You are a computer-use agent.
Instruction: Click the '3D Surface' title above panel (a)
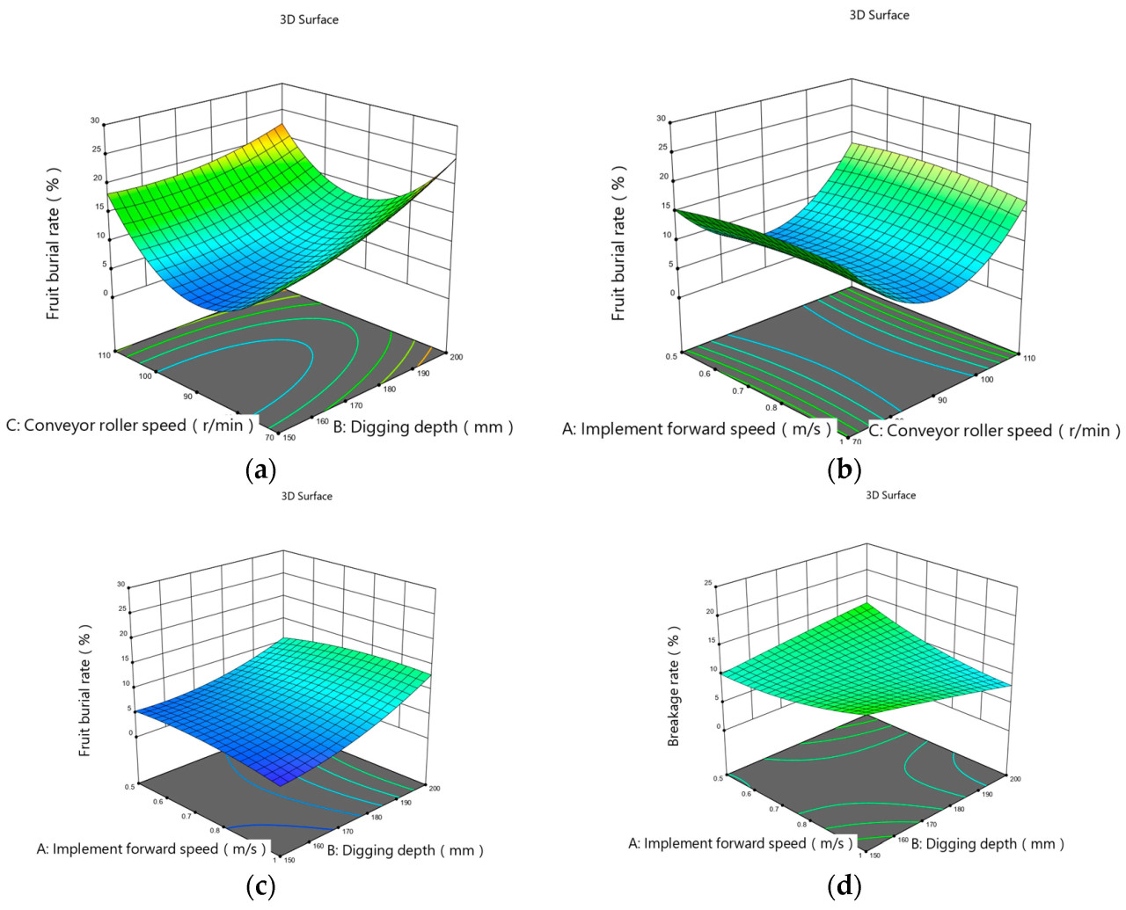tap(309, 19)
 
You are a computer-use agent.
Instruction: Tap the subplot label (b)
tap(844, 470)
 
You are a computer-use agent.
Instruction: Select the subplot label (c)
tap(260, 886)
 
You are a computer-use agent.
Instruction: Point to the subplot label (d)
tap(844, 886)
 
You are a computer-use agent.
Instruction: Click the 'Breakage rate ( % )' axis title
tap(674, 687)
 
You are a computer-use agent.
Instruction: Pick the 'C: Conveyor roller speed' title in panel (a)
tap(130, 426)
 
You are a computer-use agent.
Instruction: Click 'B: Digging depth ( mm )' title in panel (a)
tap(422, 427)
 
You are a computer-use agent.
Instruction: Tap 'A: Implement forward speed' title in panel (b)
tap(697, 429)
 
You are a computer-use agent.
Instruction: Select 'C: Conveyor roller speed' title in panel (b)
tap(994, 431)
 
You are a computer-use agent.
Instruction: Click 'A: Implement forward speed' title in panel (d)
tap(740, 844)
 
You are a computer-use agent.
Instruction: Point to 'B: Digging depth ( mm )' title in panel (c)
tap(405, 850)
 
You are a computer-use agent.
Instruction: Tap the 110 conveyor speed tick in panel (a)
tap(105, 354)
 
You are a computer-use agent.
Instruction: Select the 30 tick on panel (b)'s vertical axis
tap(661, 119)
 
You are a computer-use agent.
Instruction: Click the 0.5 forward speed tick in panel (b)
tap(671, 356)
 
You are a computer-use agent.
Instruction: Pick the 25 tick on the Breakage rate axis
tap(707, 583)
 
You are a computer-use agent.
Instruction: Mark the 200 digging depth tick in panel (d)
tap(1015, 778)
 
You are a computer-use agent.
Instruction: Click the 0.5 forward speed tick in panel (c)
tap(131, 787)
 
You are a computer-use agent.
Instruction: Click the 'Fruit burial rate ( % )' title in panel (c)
tap(85, 691)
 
